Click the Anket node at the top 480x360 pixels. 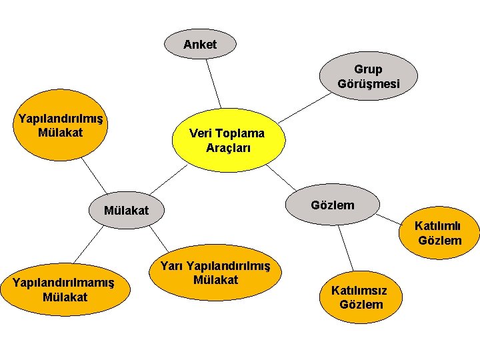[200, 45]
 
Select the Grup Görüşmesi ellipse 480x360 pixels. [369, 76]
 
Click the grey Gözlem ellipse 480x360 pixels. [333, 205]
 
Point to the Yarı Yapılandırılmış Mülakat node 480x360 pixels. [215, 273]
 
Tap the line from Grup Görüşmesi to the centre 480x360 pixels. [300, 110]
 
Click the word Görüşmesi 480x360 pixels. [369, 84]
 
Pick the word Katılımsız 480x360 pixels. [359, 291]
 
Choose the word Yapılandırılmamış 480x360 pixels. [64, 283]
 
